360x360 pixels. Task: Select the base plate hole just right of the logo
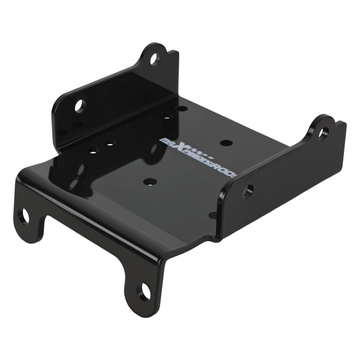click(x=225, y=143)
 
